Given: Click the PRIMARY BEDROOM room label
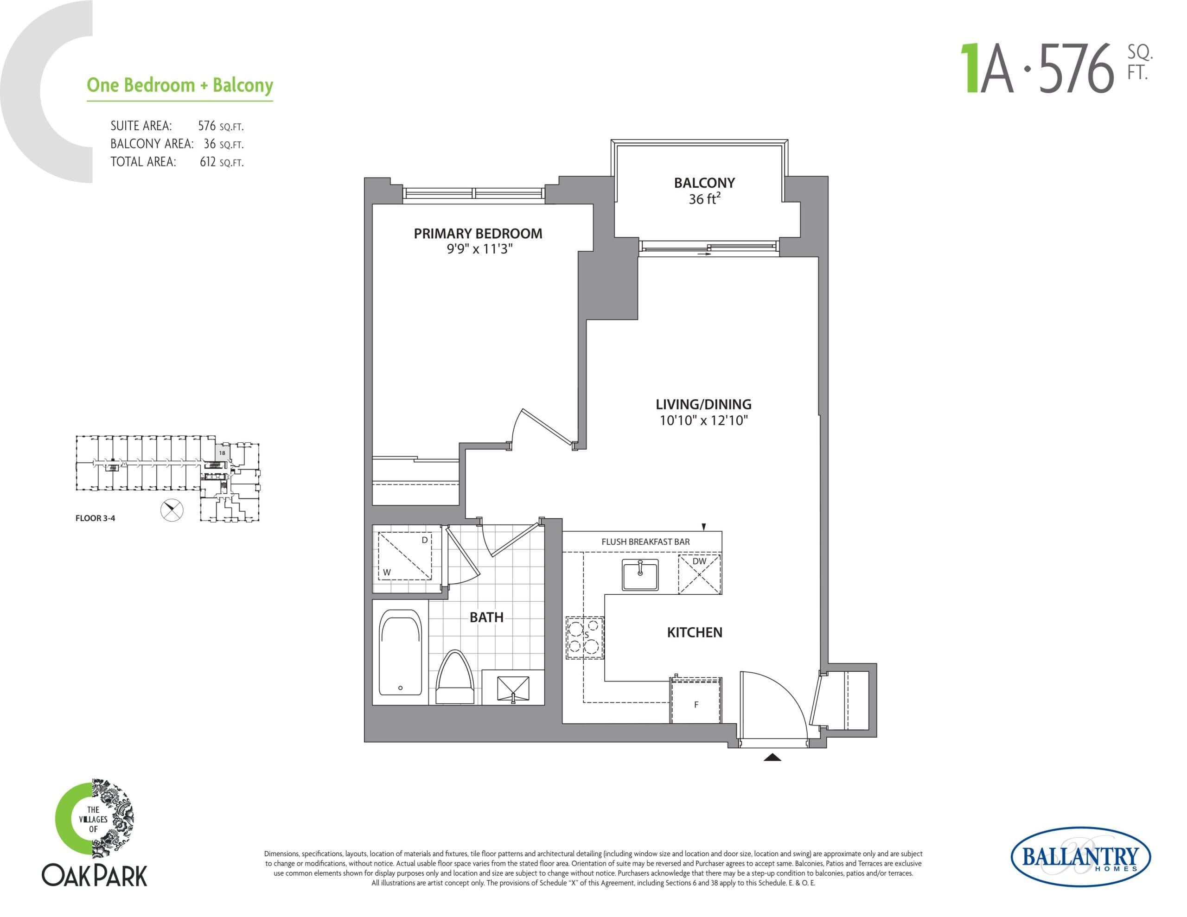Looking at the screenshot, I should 478,234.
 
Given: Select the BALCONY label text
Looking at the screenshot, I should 704,183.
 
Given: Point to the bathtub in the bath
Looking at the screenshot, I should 400,653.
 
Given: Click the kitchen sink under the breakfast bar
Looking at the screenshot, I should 640,574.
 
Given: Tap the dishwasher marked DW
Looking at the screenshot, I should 700,574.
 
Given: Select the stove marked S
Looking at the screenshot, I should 584,637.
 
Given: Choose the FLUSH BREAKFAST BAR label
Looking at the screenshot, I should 645,542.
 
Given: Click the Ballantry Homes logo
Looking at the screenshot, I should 1080,857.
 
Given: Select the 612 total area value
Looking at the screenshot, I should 208,162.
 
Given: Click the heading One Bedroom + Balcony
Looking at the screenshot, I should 180,85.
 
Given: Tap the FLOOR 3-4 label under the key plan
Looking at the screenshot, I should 95,518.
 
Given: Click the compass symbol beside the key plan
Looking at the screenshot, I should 172,510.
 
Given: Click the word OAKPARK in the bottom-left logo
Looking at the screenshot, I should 95,876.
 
